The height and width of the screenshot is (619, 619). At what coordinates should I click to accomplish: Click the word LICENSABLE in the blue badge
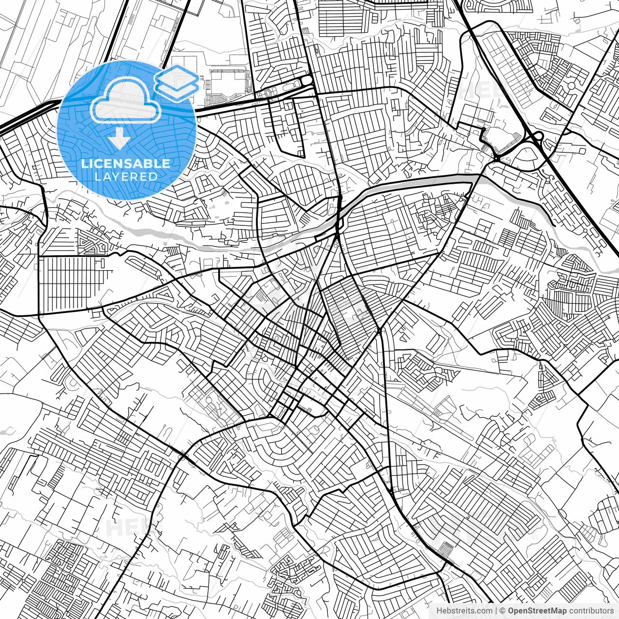tap(126, 164)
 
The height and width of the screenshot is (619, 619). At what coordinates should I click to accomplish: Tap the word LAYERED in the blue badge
tap(126, 177)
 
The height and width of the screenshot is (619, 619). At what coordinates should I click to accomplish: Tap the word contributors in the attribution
tap(591, 611)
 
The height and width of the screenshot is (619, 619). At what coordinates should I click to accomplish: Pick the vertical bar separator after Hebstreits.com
tap(497, 611)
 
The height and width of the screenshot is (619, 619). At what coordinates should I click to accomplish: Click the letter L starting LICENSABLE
tap(84, 164)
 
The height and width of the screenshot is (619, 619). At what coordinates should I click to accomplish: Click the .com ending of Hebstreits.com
tap(485, 611)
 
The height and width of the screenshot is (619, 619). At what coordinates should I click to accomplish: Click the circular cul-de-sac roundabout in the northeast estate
tap(572, 86)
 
